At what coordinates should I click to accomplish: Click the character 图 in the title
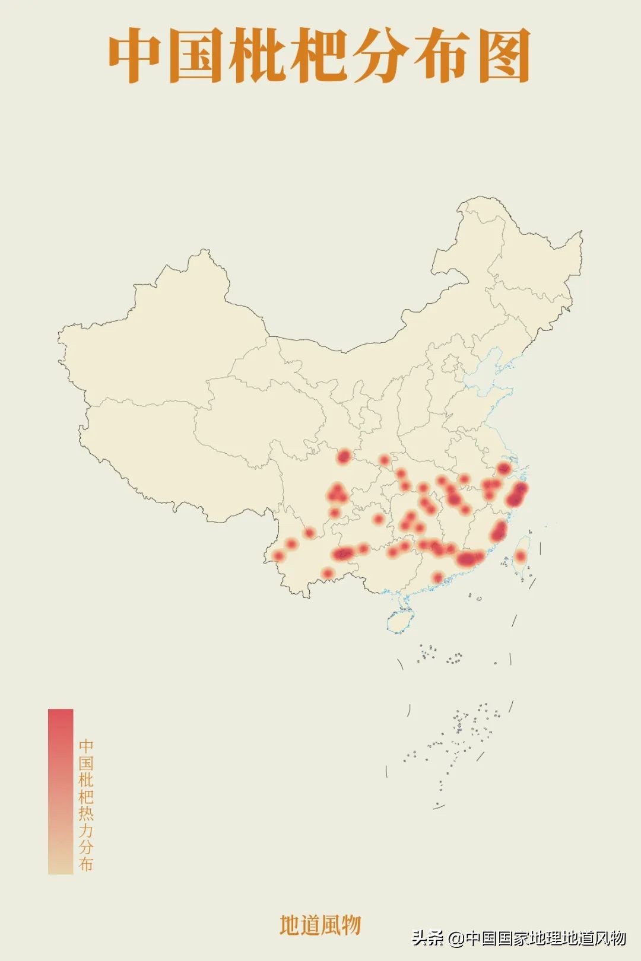pyautogui.click(x=503, y=56)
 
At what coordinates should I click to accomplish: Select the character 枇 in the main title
pyautogui.click(x=258, y=56)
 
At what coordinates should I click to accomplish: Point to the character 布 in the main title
pyautogui.click(x=442, y=56)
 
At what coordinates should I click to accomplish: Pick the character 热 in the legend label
pyautogui.click(x=86, y=813)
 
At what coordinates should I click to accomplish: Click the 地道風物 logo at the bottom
pyautogui.click(x=320, y=925)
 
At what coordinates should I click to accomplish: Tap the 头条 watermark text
pyautogui.click(x=428, y=938)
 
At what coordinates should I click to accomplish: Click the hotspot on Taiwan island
pyautogui.click(x=520, y=556)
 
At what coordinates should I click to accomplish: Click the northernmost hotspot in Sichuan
pyautogui.click(x=344, y=456)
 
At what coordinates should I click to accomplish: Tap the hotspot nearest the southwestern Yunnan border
pyautogui.click(x=278, y=556)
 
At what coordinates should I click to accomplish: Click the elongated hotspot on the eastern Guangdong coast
pyautogui.click(x=469, y=558)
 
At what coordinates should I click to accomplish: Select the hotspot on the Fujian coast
pyautogui.click(x=499, y=530)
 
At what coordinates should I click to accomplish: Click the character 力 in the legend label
pyautogui.click(x=86, y=830)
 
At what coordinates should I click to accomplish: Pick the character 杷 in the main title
pyautogui.click(x=319, y=56)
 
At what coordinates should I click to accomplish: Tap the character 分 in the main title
pyautogui.click(x=380, y=56)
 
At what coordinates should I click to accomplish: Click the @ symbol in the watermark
pyautogui.click(x=456, y=938)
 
